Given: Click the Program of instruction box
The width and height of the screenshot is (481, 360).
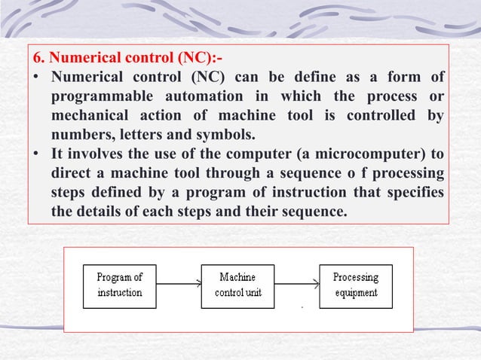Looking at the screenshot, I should pyautogui.click(x=120, y=285).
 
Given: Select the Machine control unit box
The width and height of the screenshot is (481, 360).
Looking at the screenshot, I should pyautogui.click(x=237, y=285).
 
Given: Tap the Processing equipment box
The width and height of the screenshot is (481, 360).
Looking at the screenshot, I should pyautogui.click(x=356, y=285).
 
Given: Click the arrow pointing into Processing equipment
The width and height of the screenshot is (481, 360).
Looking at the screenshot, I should pyautogui.click(x=297, y=285).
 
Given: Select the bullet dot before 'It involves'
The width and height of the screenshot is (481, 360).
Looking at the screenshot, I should pyautogui.click(x=36, y=154).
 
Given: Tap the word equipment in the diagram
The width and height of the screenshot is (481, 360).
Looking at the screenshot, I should pyautogui.click(x=356, y=292).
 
